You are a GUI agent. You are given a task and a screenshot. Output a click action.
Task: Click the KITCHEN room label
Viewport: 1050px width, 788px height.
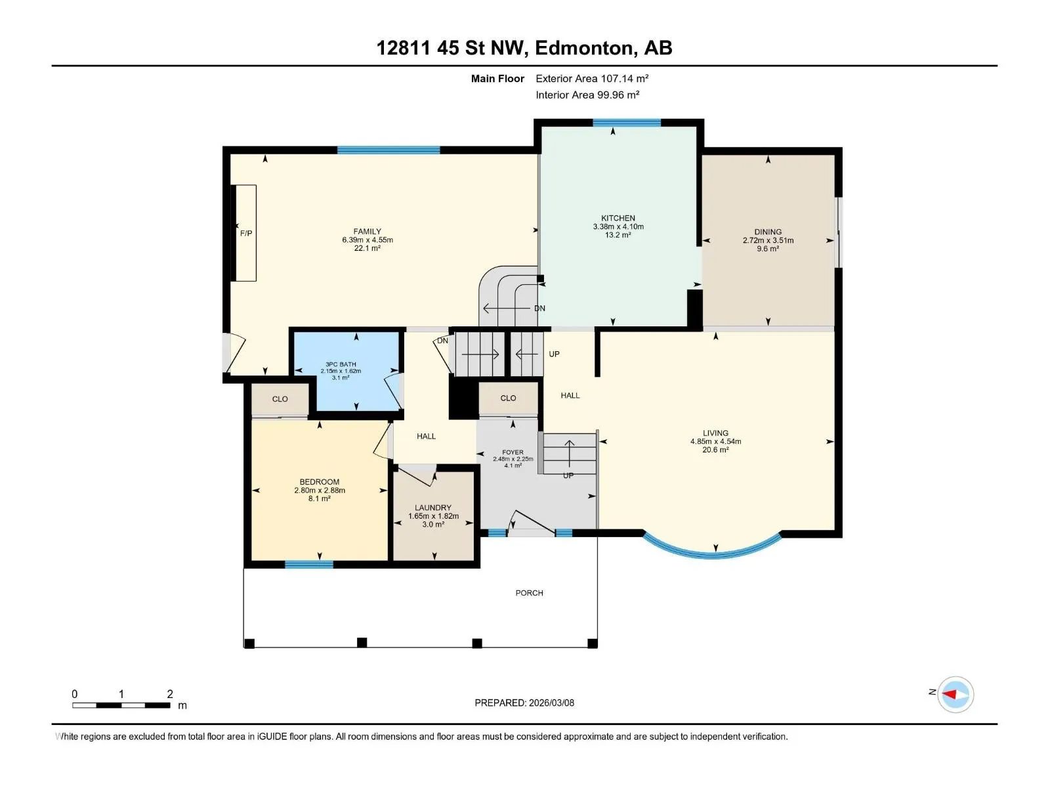tap(618, 218)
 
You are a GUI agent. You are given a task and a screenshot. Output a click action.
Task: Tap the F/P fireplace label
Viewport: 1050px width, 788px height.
tap(246, 234)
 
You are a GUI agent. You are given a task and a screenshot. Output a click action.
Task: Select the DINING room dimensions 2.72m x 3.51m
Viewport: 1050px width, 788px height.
tap(768, 240)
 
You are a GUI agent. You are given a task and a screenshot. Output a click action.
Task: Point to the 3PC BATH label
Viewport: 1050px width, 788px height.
tap(341, 364)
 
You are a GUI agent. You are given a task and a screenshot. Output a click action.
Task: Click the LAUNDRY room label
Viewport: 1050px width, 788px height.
tap(433, 508)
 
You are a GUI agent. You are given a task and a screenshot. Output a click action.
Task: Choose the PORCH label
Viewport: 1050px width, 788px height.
tap(529, 593)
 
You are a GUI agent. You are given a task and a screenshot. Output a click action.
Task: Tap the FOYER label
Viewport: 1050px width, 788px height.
tap(513, 452)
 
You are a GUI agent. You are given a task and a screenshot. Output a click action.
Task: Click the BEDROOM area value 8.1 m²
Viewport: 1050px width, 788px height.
tap(319, 498)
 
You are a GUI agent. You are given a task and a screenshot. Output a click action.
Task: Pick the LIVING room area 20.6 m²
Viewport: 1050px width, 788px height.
tap(715, 450)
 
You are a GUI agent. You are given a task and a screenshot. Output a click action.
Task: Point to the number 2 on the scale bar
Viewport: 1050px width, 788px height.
tap(170, 693)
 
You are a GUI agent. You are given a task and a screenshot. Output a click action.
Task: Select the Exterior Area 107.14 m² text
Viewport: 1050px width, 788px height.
tap(592, 78)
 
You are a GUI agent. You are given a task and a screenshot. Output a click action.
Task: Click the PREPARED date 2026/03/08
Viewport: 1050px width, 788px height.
tap(551, 703)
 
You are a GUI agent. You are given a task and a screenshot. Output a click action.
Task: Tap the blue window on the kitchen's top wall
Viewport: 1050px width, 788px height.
tap(627, 123)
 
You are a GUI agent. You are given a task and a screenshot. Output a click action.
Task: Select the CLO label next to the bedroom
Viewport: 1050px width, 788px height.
tap(280, 399)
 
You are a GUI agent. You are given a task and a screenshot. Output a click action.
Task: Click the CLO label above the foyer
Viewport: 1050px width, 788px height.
tap(508, 398)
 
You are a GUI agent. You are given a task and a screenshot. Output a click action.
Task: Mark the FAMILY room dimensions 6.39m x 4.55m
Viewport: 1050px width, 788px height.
tap(367, 240)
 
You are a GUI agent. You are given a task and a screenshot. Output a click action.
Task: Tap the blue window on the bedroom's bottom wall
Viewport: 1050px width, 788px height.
tap(309, 565)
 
